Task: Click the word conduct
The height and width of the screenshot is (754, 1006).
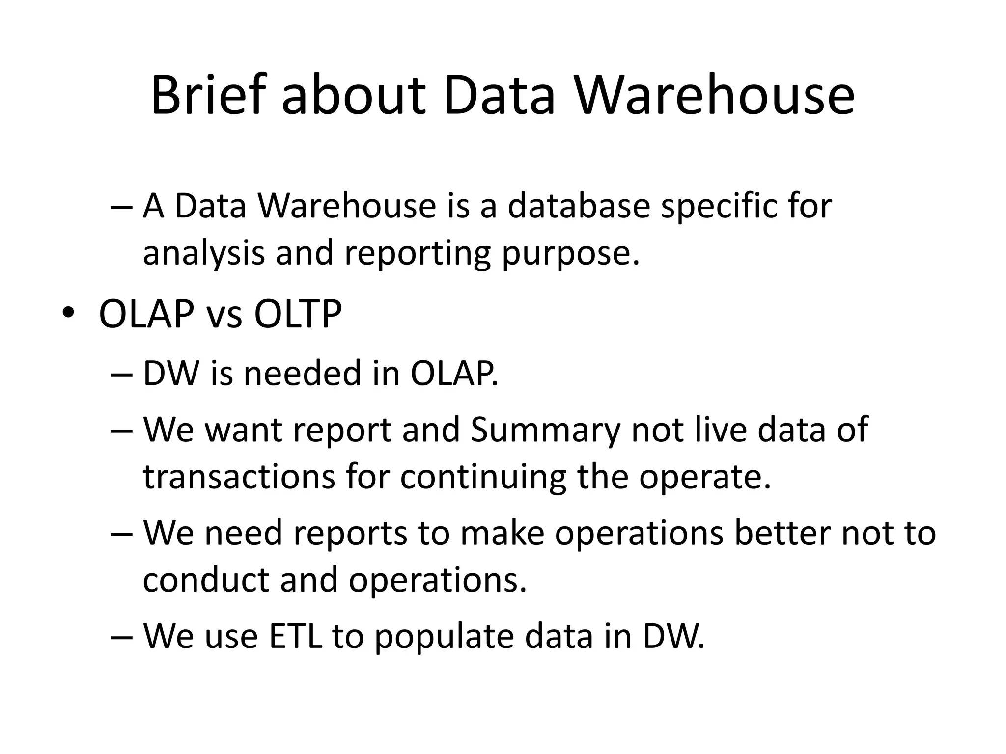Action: click(206, 580)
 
